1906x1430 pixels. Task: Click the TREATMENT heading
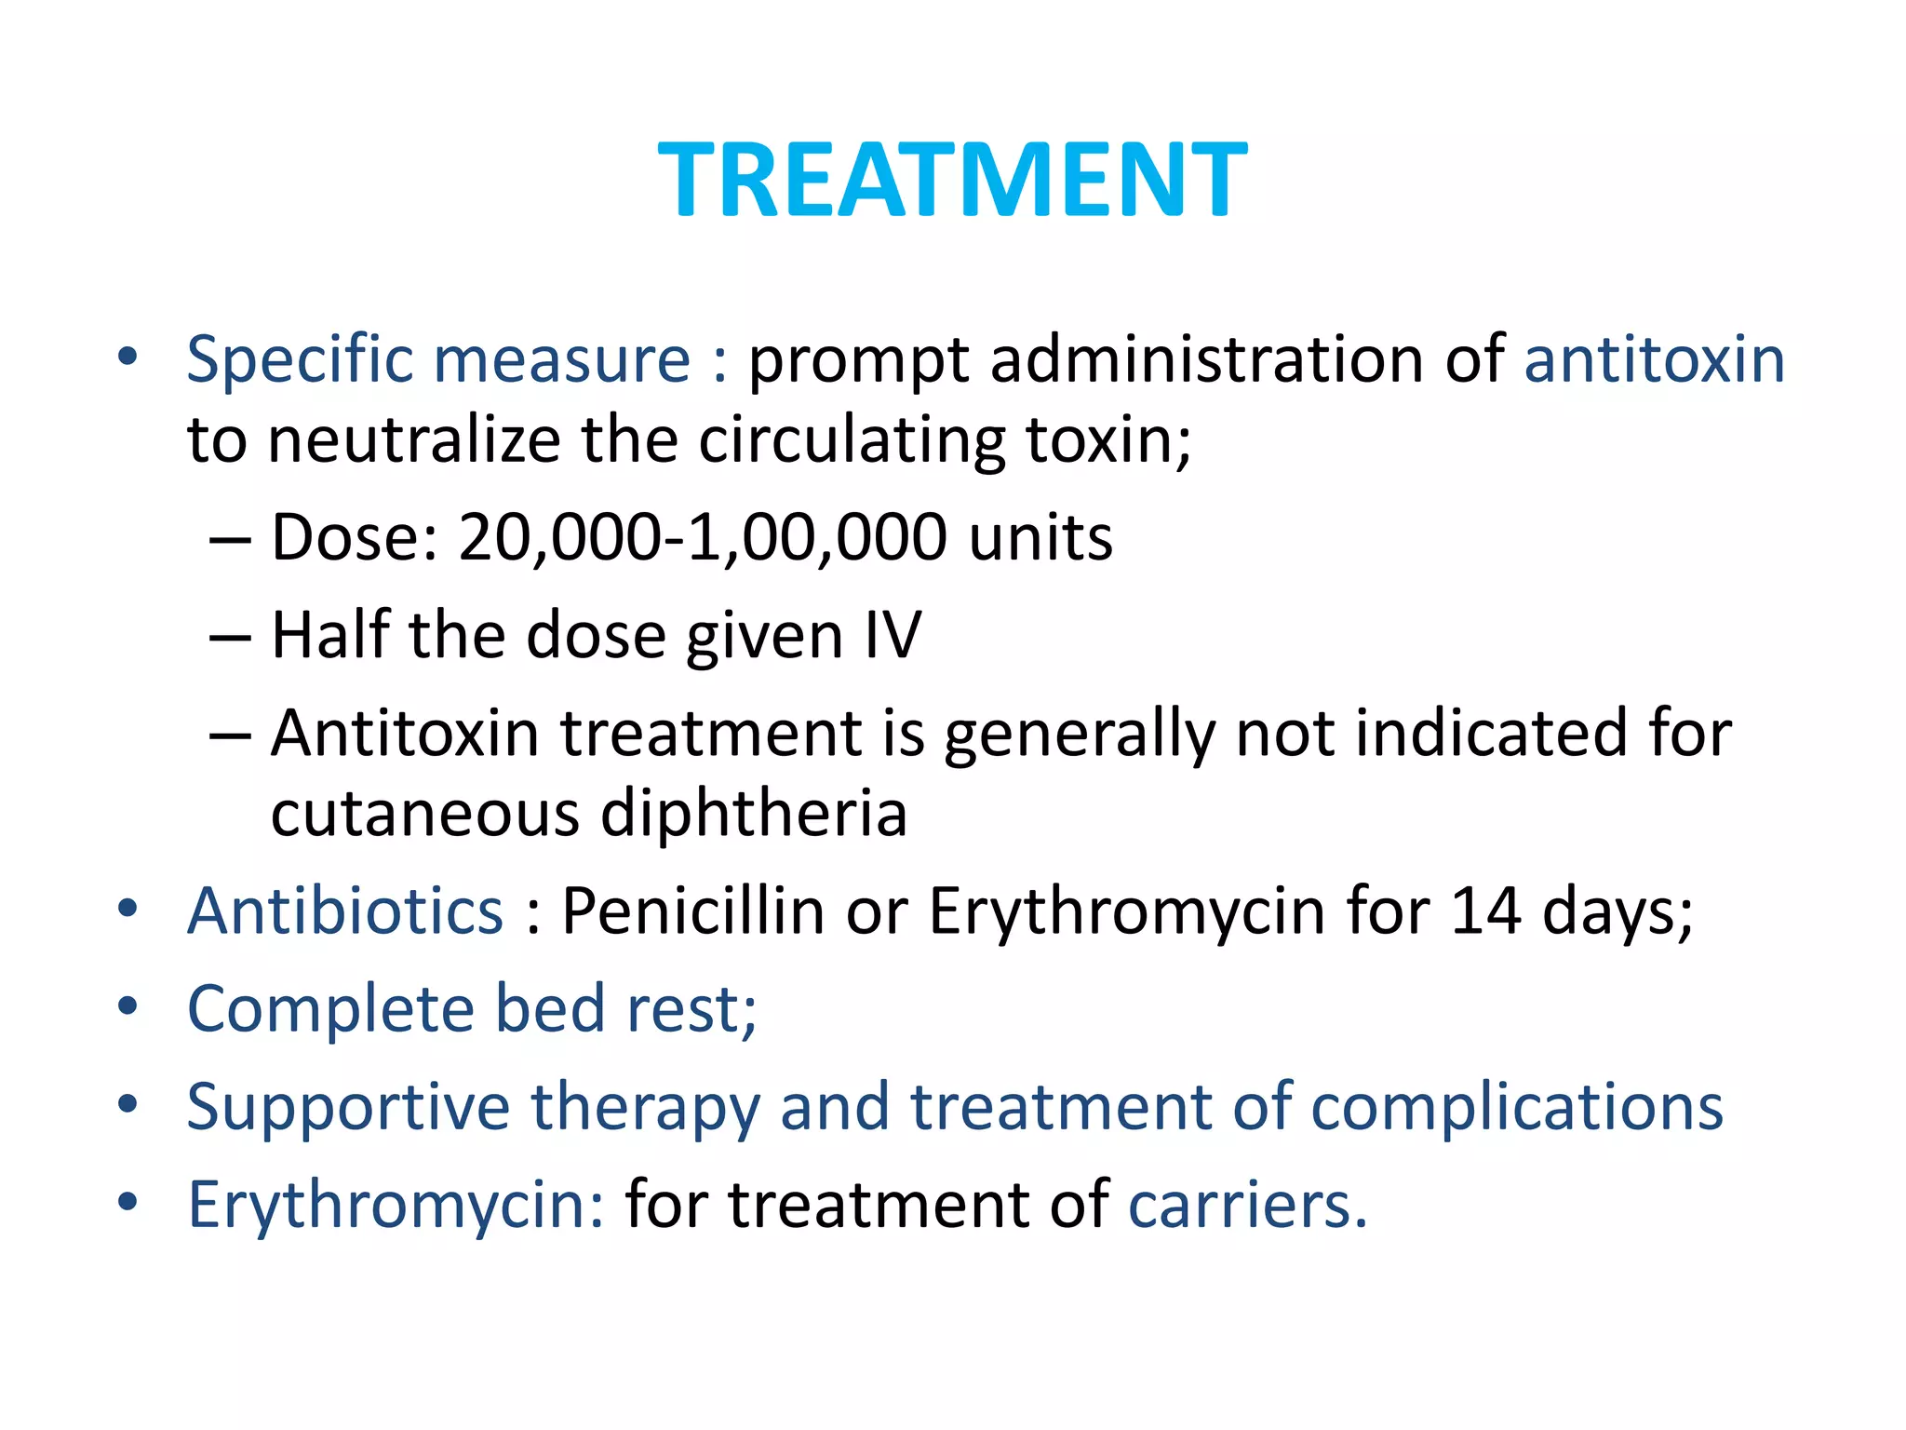(952, 179)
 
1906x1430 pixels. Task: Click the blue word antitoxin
(1654, 359)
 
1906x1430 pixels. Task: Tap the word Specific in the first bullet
(299, 361)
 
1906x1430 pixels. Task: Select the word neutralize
(414, 439)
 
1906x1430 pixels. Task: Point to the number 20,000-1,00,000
(703, 539)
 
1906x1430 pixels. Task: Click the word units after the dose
(1040, 539)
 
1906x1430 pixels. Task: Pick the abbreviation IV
(893, 636)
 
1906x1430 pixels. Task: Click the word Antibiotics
(345, 911)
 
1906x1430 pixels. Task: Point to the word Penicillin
(692, 911)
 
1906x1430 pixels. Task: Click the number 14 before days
(1485, 911)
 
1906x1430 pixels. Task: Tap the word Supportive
(348, 1108)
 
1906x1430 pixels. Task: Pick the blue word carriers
(1247, 1206)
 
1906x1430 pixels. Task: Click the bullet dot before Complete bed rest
(128, 1006)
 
